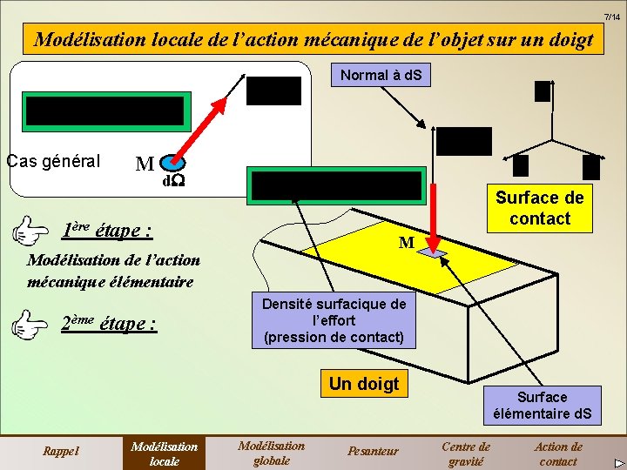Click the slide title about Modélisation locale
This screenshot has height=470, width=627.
tap(313, 39)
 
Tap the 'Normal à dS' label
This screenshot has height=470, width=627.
tap(381, 75)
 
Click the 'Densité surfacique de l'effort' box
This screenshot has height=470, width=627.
tap(334, 319)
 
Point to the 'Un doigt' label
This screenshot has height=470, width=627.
tap(364, 383)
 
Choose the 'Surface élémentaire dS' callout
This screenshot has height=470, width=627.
tap(542, 406)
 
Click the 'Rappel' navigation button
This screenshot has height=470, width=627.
tap(61, 450)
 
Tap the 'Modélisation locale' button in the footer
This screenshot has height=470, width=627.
tap(164, 453)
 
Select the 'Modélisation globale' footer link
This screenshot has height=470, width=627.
tap(271, 453)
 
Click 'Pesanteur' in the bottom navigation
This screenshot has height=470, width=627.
tap(373, 450)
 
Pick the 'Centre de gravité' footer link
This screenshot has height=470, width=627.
tap(466, 453)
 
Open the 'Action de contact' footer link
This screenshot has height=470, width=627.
tap(558, 453)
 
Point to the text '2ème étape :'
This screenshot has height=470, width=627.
tap(109, 324)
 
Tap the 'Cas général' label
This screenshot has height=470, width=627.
tap(53, 161)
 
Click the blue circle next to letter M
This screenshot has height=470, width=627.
tap(173, 162)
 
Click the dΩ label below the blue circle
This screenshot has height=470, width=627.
tap(173, 182)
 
